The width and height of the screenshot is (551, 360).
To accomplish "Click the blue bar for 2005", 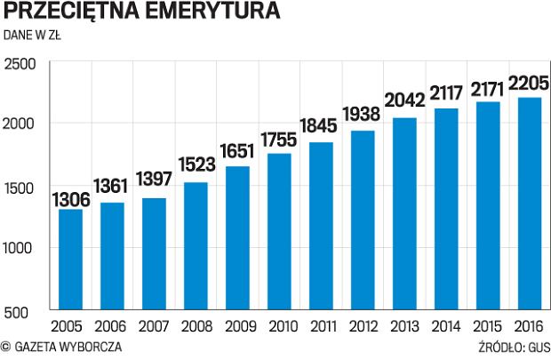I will (x=70, y=260).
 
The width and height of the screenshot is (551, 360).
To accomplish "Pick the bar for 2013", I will (x=403, y=213).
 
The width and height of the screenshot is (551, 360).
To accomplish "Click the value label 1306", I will (x=70, y=199).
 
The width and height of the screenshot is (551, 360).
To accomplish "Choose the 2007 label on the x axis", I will (x=155, y=326).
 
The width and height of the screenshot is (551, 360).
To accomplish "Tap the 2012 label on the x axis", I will (x=363, y=326).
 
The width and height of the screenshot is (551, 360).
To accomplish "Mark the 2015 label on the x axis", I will (x=489, y=326).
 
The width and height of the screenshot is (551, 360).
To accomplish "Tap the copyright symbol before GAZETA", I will (x=6, y=347).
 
